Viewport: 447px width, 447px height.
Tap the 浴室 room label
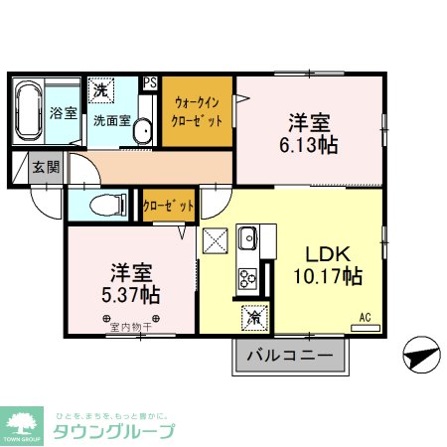64,112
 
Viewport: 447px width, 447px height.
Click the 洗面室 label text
111,121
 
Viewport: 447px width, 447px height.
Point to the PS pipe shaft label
150,83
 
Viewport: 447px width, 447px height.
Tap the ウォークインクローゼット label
198,110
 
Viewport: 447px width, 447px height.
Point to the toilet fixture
105,206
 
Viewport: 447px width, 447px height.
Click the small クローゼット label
164,206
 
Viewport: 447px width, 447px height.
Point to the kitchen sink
246,239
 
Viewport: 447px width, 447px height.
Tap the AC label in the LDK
365,318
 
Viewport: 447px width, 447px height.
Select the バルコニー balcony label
289,355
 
